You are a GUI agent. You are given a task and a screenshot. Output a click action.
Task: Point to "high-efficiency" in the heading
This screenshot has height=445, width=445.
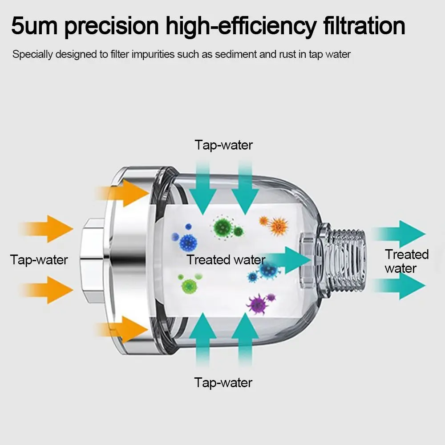point(243,27)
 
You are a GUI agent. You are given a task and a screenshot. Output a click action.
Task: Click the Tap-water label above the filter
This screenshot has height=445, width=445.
point(223,145)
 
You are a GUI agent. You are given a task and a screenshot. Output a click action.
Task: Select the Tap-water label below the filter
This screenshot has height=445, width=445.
point(223,382)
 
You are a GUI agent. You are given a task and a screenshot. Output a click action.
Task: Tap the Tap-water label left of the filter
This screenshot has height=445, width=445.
point(39,259)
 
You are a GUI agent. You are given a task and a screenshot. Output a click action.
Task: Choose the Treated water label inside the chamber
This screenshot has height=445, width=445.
point(226,260)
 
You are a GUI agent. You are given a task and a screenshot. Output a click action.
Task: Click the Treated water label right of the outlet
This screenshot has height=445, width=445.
point(406,261)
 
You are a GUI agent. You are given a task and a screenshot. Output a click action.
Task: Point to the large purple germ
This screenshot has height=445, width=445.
point(258,304)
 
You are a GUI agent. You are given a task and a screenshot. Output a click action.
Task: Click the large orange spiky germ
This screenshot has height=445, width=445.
point(279,226)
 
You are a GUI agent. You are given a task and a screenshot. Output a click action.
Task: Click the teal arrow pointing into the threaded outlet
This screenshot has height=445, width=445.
point(289,260)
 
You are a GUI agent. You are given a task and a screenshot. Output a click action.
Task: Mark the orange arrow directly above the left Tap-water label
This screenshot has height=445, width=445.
point(47,229)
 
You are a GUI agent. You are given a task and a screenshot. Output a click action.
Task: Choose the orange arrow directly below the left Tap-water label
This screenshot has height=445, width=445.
point(47,290)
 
